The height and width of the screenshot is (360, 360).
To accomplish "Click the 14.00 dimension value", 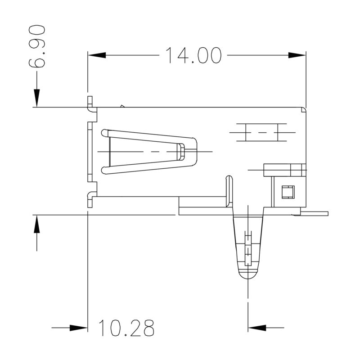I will (194, 55).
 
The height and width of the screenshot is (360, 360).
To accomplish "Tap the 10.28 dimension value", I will (126, 328).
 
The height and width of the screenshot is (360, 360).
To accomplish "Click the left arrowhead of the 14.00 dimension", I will (96, 55).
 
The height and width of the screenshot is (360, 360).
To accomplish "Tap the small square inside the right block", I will (286, 192).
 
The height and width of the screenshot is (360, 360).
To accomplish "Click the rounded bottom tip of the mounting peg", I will (247, 274).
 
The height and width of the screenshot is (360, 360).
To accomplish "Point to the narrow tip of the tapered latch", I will (180, 151).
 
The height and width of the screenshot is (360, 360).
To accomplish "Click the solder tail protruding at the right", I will (315, 213).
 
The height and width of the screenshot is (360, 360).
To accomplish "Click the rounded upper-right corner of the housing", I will (304, 109).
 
